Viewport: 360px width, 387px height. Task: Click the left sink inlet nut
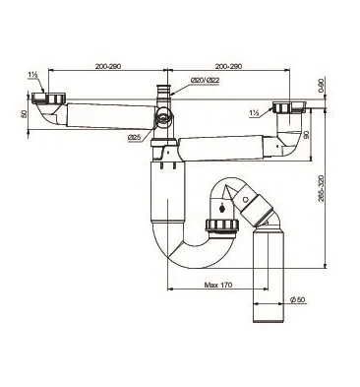(x=45, y=98)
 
